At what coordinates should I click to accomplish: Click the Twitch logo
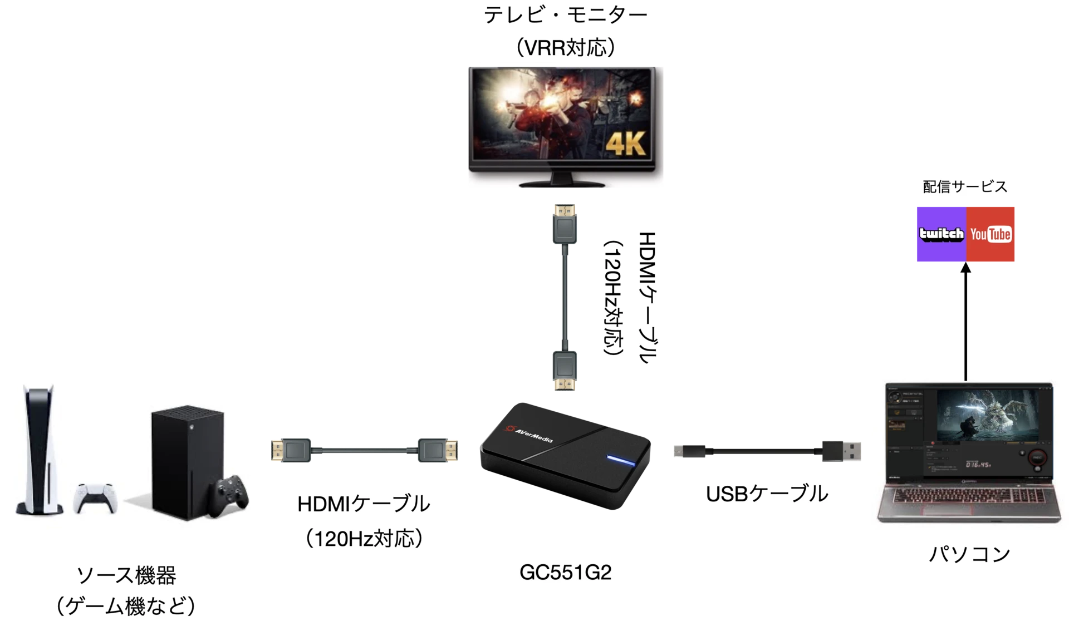click(940, 234)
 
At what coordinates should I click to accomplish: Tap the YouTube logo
click(990, 234)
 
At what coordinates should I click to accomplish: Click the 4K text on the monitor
click(624, 143)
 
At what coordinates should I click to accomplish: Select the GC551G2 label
click(565, 572)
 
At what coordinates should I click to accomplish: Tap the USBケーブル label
click(766, 494)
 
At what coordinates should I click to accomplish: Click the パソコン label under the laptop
click(970, 554)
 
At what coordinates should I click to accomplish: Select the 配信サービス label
click(965, 187)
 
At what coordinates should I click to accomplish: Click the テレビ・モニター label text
click(565, 16)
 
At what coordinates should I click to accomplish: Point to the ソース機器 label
click(126, 576)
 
